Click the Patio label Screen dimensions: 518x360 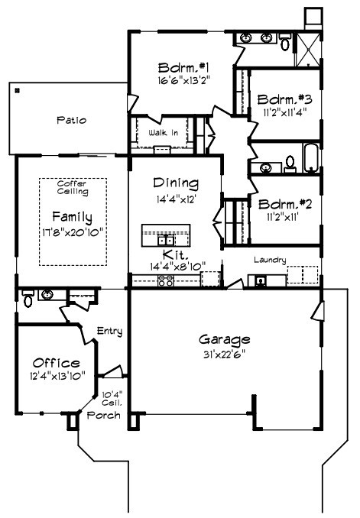pos(72,120)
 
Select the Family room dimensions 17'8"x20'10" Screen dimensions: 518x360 pos(72,231)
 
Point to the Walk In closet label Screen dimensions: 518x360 pos(164,132)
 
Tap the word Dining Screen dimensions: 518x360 pos(176,183)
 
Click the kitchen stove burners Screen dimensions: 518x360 pos(165,281)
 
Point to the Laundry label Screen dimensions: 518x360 pos(271,260)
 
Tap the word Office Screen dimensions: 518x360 pos(57,362)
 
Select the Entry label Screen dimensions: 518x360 pos(110,331)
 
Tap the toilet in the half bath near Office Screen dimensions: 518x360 pos(28,300)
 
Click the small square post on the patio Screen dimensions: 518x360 pos(17,89)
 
